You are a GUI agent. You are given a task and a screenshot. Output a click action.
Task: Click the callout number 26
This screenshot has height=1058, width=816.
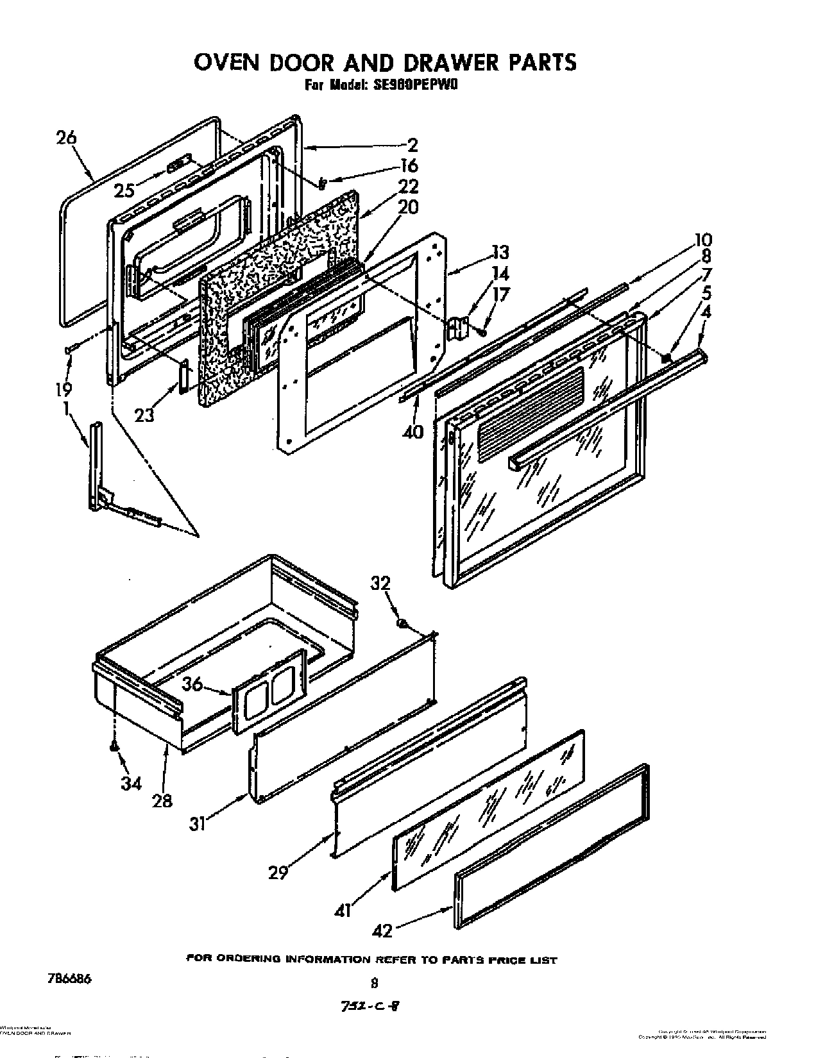(65, 137)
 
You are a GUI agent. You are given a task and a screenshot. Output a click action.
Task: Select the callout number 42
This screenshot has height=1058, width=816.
(382, 930)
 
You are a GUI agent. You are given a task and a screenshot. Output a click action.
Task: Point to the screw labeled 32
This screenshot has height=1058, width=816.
(402, 623)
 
